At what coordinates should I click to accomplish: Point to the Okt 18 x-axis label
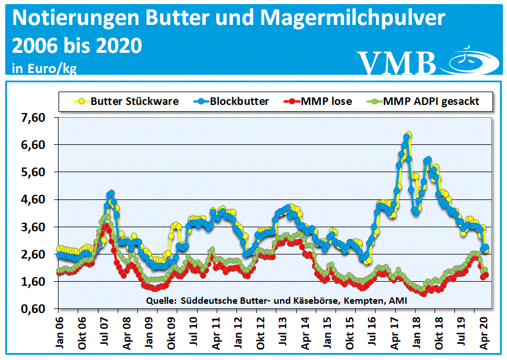[435, 331]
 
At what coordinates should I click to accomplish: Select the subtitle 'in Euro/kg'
[44, 68]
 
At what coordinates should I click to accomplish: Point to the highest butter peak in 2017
[408, 135]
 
